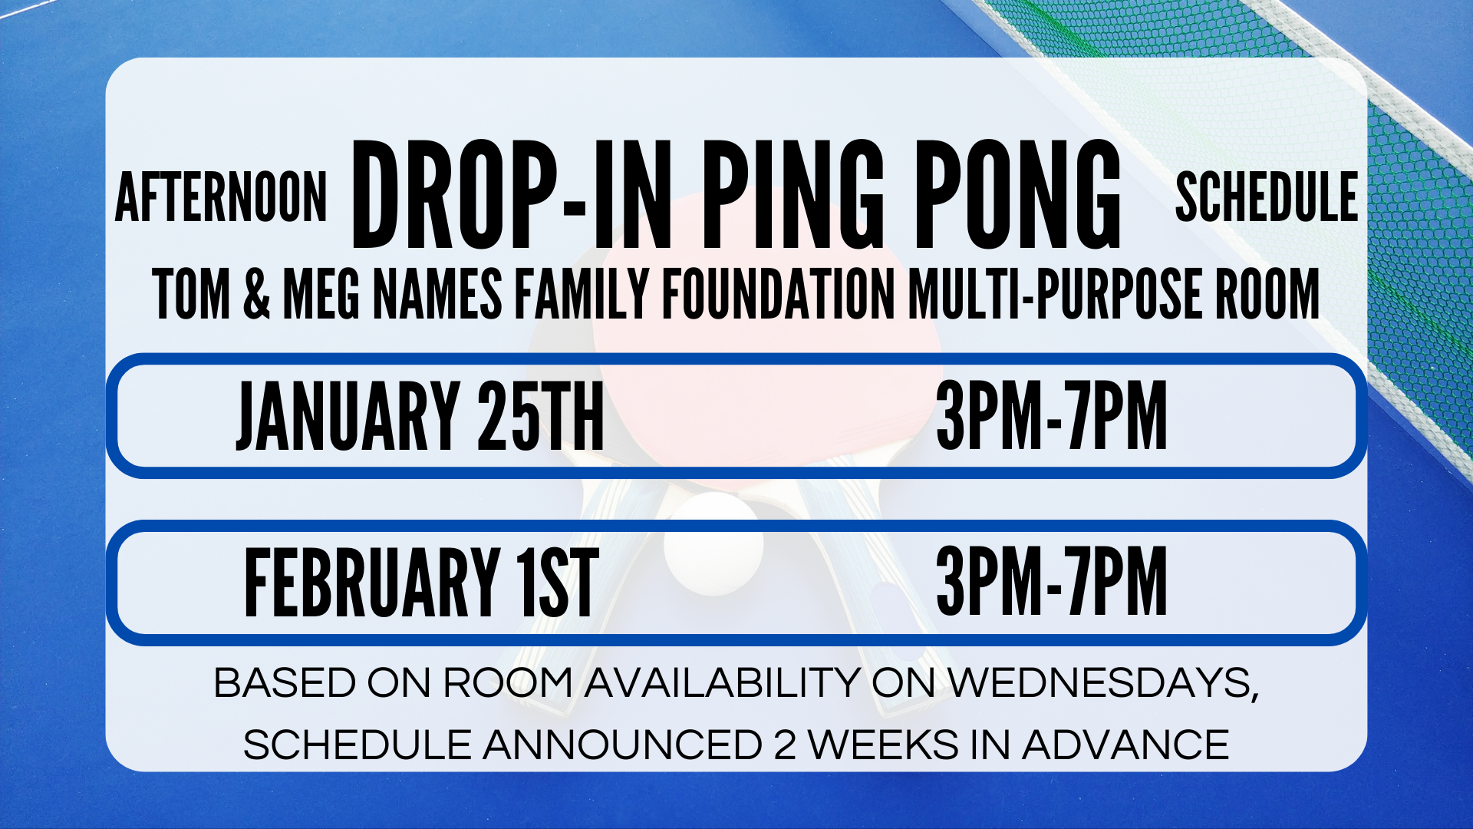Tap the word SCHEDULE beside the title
pyautogui.click(x=1267, y=197)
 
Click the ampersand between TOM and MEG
pyautogui.click(x=257, y=293)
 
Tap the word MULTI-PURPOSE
pyautogui.click(x=1055, y=293)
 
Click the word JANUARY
pyautogui.click(x=348, y=415)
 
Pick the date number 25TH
pyautogui.click(x=541, y=415)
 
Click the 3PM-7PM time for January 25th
pyautogui.click(x=1052, y=415)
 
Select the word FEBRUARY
pyautogui.click(x=372, y=583)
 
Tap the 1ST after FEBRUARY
pyautogui.click(x=558, y=583)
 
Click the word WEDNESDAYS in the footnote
pyautogui.click(x=1103, y=683)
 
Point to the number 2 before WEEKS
pyautogui.click(x=785, y=745)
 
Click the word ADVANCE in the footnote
pyautogui.click(x=1125, y=745)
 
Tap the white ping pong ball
pyautogui.click(x=714, y=544)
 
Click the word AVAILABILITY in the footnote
pyautogui.click(x=722, y=683)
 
